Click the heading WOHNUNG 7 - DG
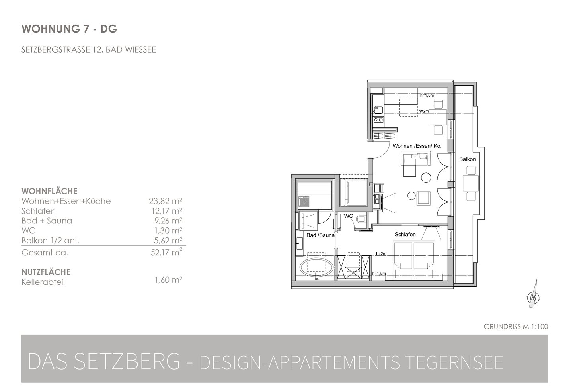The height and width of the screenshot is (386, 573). [x=69, y=29]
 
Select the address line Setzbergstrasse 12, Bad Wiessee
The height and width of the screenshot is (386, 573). [x=89, y=49]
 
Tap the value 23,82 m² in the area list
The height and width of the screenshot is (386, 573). [x=166, y=201]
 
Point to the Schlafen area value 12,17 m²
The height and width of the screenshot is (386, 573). [x=166, y=211]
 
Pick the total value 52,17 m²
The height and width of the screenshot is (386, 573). [x=166, y=252]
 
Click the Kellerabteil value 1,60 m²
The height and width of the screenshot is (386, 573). [x=168, y=280]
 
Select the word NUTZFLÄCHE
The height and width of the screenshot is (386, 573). [x=46, y=272]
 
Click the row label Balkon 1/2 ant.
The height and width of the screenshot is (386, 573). [x=51, y=241]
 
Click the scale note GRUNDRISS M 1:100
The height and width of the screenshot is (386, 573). [x=516, y=327]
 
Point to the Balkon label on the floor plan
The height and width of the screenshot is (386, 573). [x=467, y=159]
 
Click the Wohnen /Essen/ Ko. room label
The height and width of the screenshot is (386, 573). [x=417, y=146]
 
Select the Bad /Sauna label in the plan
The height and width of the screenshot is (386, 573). [x=321, y=235]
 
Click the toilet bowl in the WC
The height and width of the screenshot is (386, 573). [x=362, y=219]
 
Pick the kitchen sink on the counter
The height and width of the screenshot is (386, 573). [x=378, y=110]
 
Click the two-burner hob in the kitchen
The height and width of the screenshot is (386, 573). [x=378, y=120]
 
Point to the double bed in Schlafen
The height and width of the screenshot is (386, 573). [x=414, y=260]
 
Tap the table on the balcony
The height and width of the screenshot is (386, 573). [x=471, y=183]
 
